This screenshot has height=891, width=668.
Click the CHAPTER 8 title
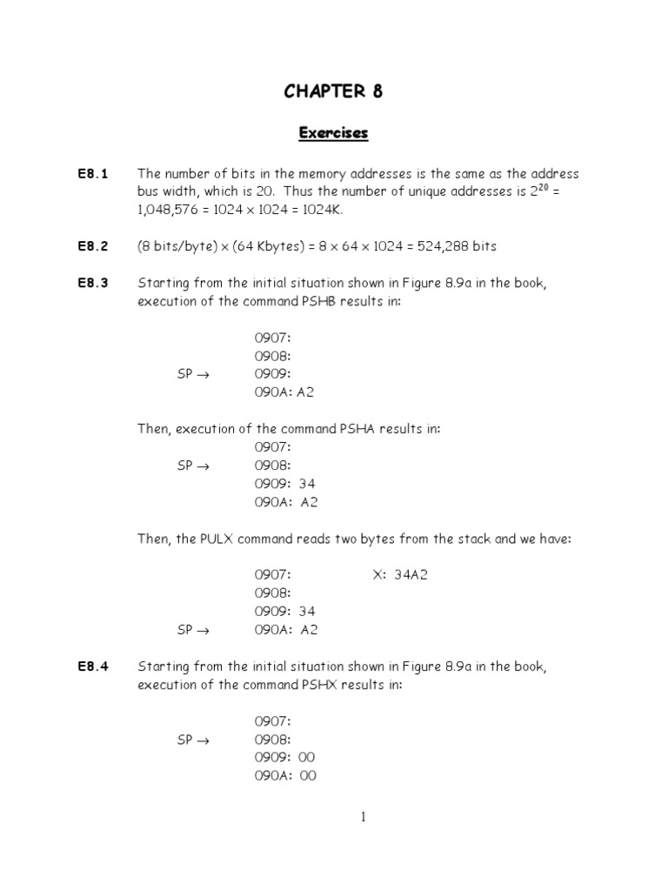tap(333, 92)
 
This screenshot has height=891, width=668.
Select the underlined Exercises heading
tap(333, 133)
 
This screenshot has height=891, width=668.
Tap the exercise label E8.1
tap(92, 174)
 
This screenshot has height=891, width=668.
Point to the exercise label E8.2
tap(92, 246)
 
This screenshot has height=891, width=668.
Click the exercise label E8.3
tap(92, 283)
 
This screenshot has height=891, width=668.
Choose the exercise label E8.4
tap(92, 667)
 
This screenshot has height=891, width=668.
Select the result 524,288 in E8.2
tap(448, 246)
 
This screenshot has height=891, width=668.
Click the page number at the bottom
tap(363, 817)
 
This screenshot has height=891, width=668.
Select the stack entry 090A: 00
tap(285, 776)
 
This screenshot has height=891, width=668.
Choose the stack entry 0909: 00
tap(285, 758)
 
